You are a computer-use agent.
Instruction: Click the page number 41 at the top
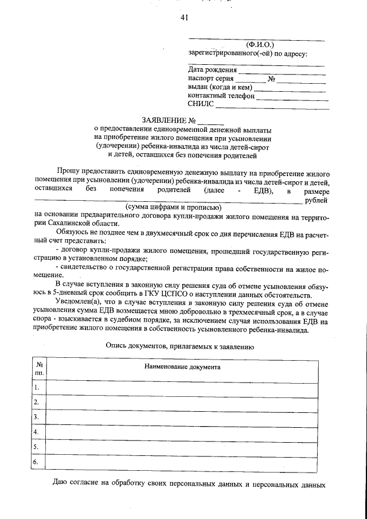(184, 18)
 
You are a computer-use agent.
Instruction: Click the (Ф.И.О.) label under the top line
(260, 44)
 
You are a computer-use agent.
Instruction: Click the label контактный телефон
(221, 96)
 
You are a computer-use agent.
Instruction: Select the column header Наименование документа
(182, 366)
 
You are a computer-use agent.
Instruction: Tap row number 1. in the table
(37, 388)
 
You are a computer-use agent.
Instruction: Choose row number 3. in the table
(37, 416)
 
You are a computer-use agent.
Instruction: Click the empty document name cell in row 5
(182, 446)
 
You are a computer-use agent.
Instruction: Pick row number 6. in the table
(37, 461)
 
